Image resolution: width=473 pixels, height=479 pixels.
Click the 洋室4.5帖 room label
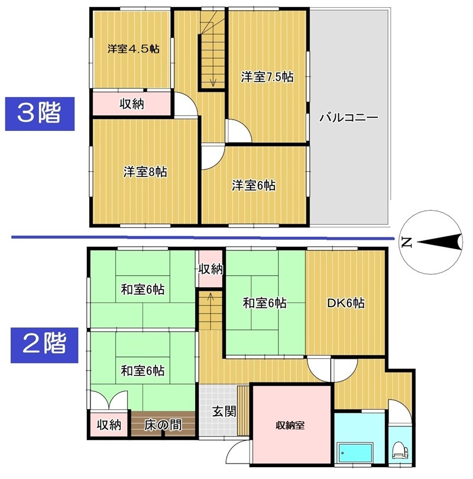(x=133, y=49)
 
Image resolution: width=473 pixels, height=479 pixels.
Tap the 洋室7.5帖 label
(x=267, y=77)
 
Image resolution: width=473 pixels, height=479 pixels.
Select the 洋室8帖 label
(x=145, y=172)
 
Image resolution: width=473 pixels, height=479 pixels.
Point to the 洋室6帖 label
(x=254, y=185)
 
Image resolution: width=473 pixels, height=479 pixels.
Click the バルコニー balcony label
(x=349, y=117)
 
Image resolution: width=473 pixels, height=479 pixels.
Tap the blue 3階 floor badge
(x=40, y=114)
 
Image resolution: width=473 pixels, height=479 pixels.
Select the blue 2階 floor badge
(x=44, y=345)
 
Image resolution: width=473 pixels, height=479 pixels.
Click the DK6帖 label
(x=346, y=303)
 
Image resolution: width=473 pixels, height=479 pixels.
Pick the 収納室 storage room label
(x=290, y=425)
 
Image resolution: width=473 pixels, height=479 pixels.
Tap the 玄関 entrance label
(x=224, y=412)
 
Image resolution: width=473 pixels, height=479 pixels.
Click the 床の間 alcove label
(x=163, y=425)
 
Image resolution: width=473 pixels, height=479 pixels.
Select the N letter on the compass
(x=407, y=242)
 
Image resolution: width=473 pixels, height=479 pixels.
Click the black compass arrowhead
(x=439, y=242)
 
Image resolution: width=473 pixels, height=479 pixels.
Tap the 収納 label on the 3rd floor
(x=132, y=104)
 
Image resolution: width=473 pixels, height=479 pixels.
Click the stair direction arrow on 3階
(x=213, y=60)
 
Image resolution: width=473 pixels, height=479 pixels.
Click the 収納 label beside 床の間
(x=109, y=425)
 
